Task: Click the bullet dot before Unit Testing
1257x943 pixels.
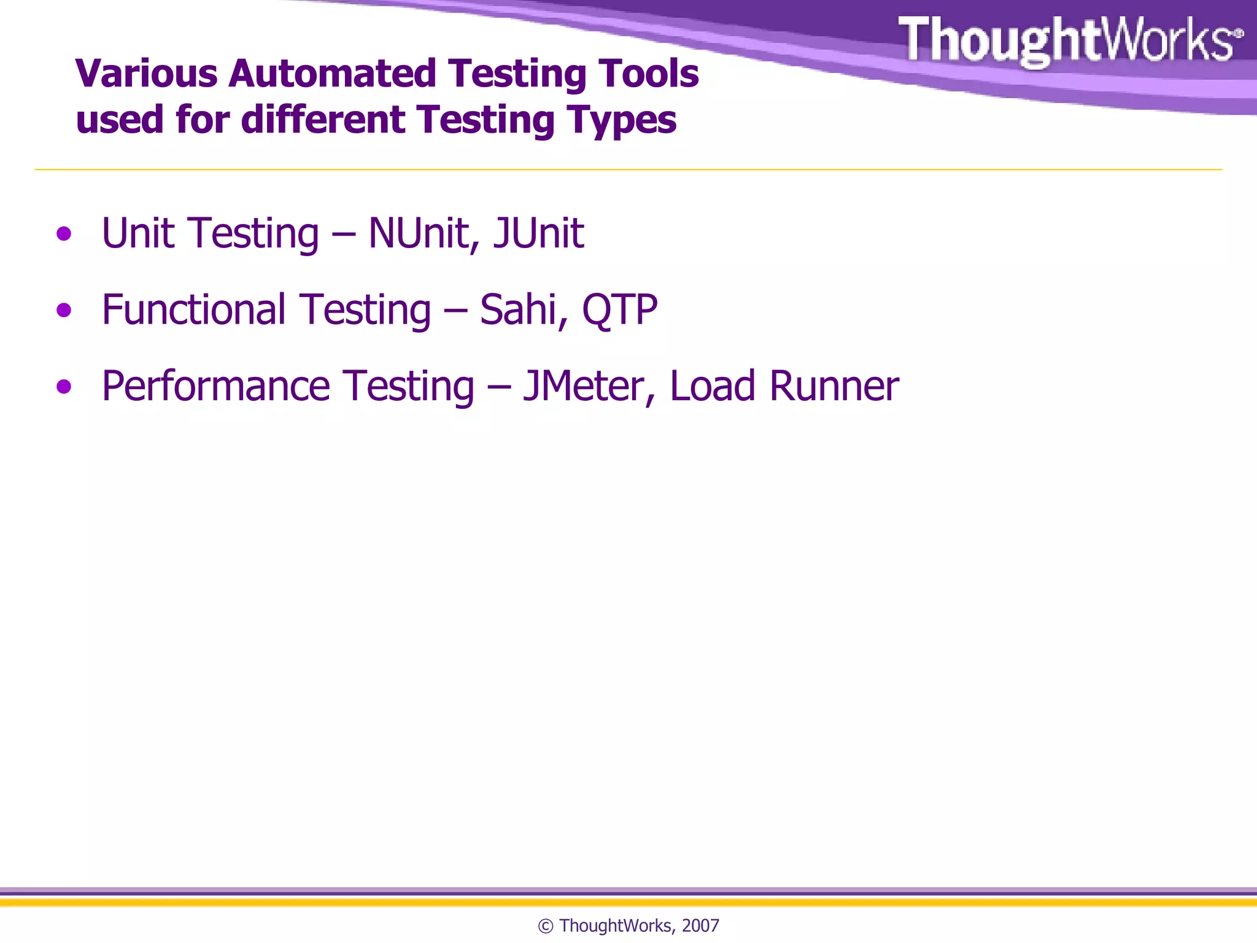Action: tap(64, 234)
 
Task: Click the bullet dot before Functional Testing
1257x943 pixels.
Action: tap(64, 311)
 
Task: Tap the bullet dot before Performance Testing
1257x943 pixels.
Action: tap(64, 387)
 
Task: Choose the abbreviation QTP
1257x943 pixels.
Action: tap(619, 311)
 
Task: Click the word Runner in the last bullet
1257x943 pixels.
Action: tap(833, 387)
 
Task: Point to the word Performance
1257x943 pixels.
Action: tap(215, 387)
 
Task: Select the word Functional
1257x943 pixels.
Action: tap(193, 310)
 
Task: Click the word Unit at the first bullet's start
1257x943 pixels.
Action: tap(138, 234)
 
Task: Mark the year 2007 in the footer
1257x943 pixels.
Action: tap(700, 926)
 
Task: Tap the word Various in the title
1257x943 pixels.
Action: tap(146, 74)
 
